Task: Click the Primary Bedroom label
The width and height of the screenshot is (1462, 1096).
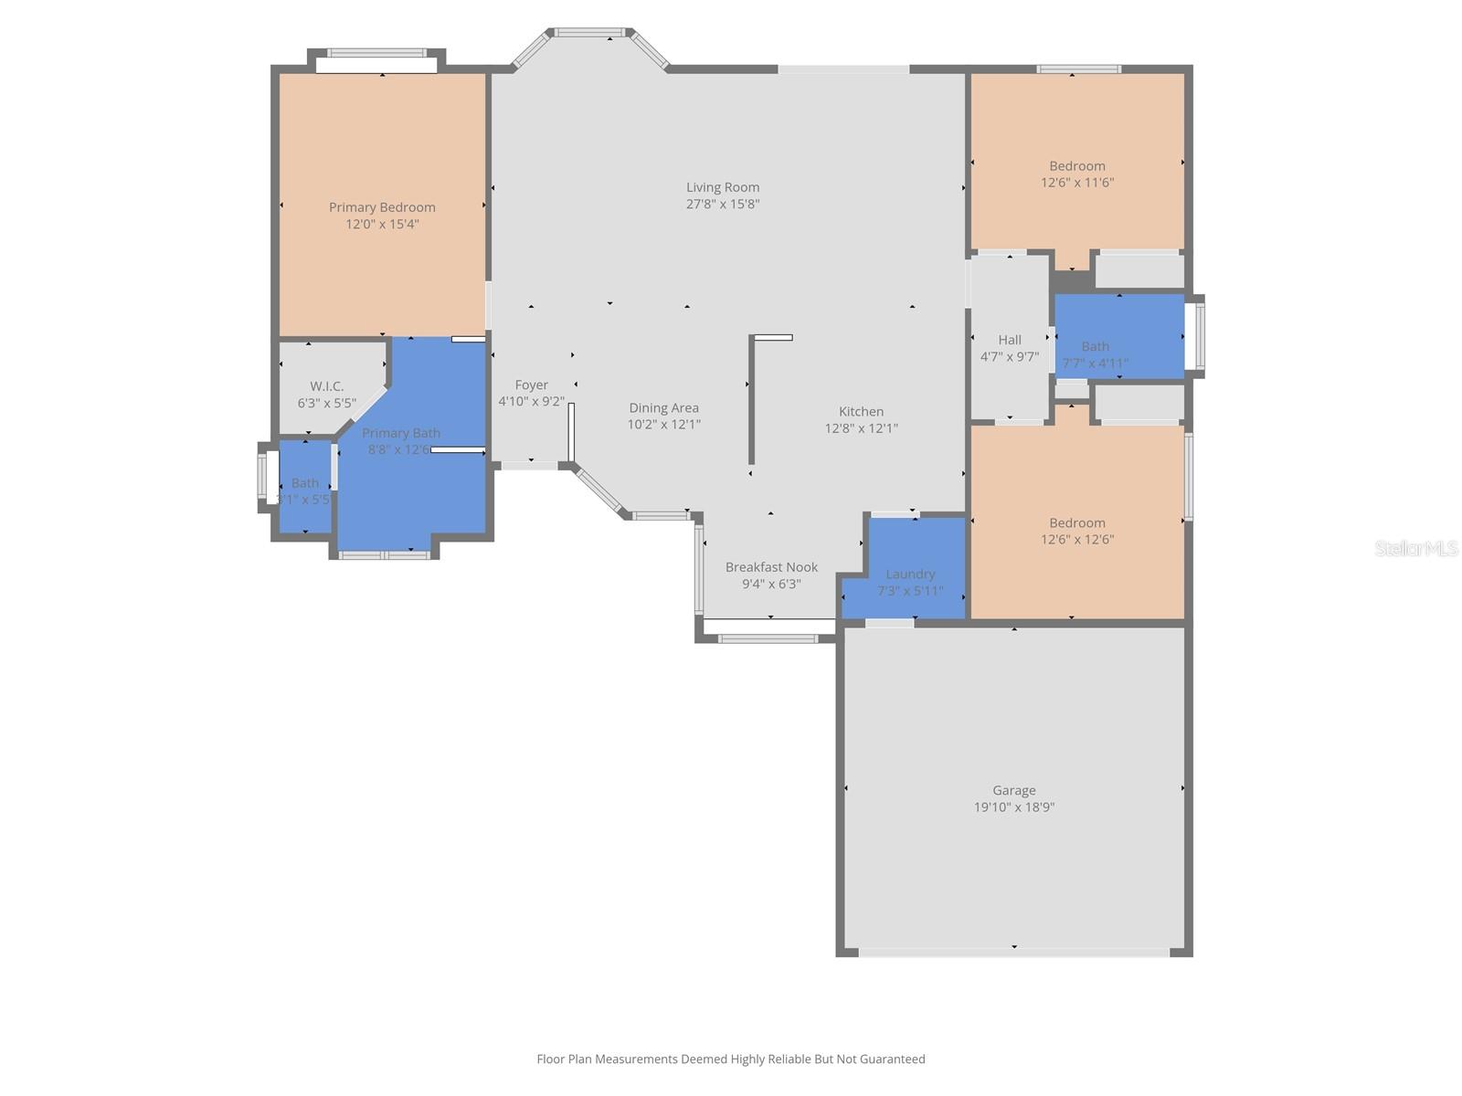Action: tap(382, 207)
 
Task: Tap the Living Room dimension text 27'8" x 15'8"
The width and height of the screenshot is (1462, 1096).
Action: tap(723, 205)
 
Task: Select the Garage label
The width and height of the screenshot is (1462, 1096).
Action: tap(1014, 791)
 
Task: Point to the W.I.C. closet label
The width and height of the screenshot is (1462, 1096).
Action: tap(326, 386)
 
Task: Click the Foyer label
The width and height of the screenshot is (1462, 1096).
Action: tap(531, 385)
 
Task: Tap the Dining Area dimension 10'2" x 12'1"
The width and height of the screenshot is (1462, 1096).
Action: tap(663, 425)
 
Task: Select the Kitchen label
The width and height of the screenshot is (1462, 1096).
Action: tap(861, 412)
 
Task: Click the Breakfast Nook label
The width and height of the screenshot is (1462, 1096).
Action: tap(771, 567)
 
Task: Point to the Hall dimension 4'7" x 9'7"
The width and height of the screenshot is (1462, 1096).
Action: tap(1009, 357)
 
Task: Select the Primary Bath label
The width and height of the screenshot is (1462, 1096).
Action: tap(400, 433)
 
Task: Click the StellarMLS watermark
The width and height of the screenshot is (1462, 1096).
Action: tap(1416, 548)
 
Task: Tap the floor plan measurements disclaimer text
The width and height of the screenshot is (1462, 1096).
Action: tap(730, 1059)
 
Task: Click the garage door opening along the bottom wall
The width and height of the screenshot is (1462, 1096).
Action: tap(1014, 952)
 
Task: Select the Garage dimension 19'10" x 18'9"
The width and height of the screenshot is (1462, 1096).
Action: tap(1014, 807)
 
